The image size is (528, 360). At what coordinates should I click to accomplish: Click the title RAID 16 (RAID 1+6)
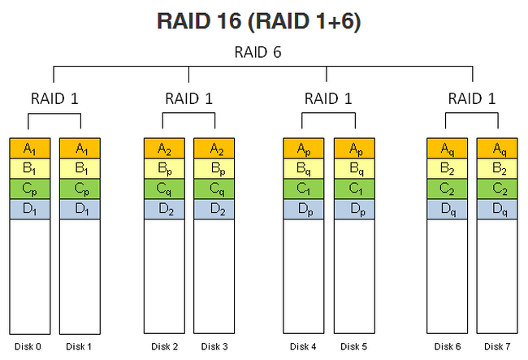(x=258, y=22)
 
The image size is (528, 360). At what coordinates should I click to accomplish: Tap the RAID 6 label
(x=258, y=52)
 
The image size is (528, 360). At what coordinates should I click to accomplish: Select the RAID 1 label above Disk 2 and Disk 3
(x=189, y=98)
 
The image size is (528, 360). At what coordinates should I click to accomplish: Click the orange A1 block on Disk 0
(x=29, y=148)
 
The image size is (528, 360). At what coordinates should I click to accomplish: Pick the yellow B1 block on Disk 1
(x=80, y=168)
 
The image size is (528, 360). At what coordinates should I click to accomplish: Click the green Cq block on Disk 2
(x=164, y=189)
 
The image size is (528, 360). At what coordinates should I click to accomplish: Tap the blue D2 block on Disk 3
(x=214, y=209)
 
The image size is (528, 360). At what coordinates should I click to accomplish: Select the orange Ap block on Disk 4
(x=304, y=148)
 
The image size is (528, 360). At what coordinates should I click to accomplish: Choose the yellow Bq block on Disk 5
(x=354, y=168)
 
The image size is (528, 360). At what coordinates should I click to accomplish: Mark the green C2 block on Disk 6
(x=448, y=189)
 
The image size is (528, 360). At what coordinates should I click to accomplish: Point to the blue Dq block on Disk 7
(x=497, y=209)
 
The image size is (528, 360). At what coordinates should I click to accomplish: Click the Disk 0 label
(x=28, y=346)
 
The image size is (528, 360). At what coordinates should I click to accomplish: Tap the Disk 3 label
(x=214, y=346)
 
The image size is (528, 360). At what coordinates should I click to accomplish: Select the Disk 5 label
(x=353, y=346)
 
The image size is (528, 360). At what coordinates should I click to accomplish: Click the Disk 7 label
(x=497, y=346)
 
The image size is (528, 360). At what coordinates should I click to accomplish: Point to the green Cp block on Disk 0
(x=29, y=189)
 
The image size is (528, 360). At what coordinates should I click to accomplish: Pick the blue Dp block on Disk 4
(x=304, y=209)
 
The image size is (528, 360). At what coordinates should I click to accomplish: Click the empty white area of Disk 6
(x=448, y=276)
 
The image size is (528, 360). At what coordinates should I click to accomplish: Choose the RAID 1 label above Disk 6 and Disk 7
(x=472, y=98)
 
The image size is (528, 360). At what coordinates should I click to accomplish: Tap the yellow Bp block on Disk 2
(x=164, y=168)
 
